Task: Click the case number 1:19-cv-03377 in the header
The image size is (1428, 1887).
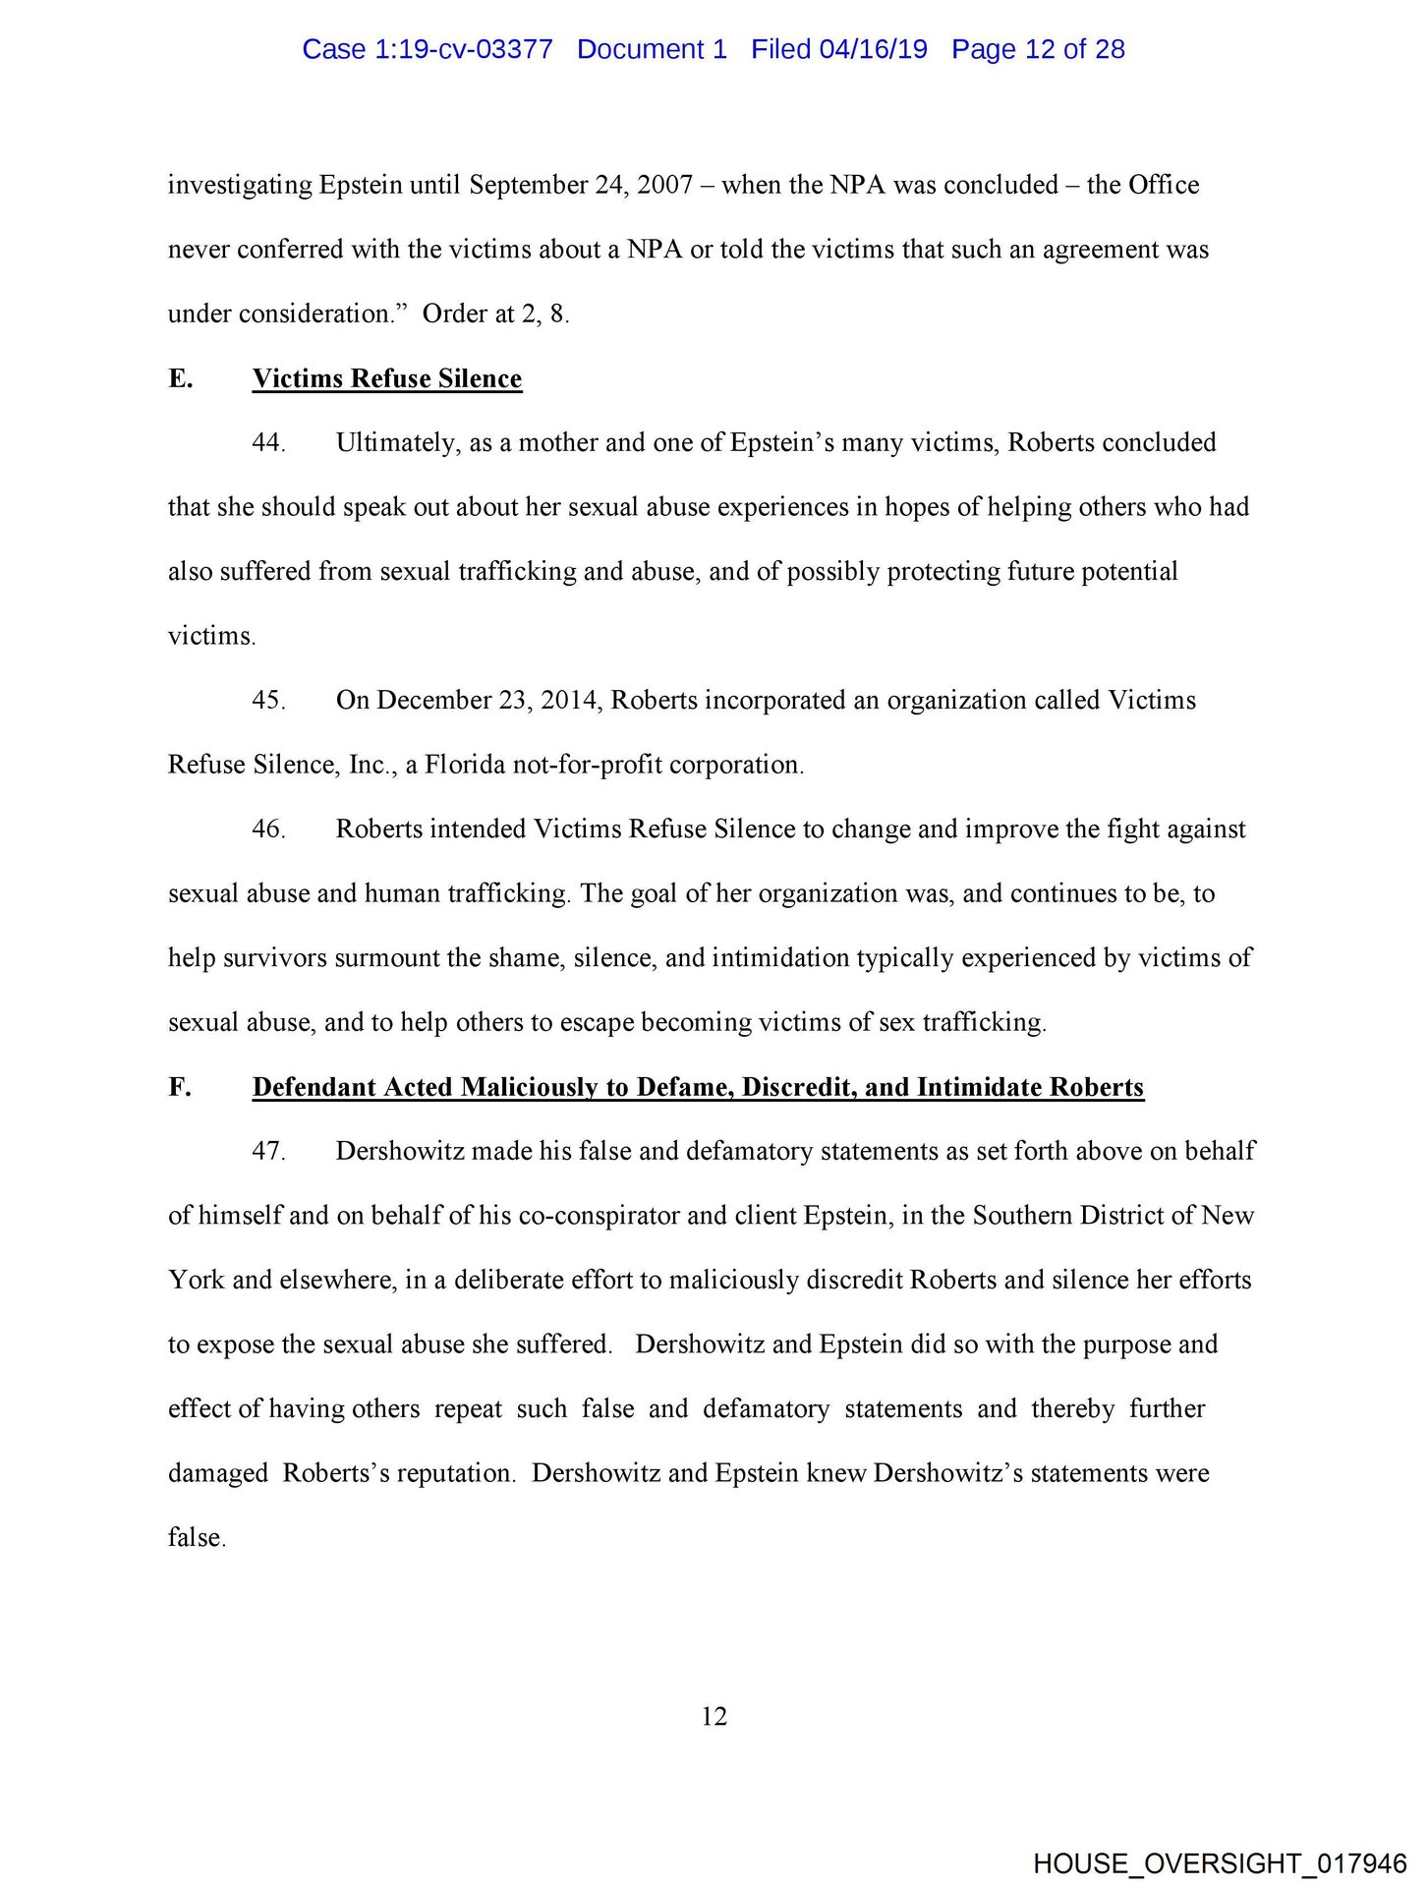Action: click(x=464, y=49)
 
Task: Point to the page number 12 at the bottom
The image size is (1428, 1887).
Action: click(x=714, y=1716)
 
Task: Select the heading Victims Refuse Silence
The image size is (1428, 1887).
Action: click(x=387, y=379)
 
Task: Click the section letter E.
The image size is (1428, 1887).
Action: click(x=180, y=379)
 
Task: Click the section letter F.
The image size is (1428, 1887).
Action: click(x=179, y=1087)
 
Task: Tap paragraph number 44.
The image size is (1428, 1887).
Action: click(x=268, y=443)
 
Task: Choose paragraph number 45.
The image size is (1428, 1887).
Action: click(x=268, y=701)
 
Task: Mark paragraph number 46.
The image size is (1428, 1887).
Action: click(x=268, y=829)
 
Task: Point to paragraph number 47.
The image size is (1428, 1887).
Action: click(x=268, y=1152)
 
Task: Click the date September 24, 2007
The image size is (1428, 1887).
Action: click(x=581, y=186)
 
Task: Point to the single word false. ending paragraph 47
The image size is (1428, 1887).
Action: click(x=197, y=1537)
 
